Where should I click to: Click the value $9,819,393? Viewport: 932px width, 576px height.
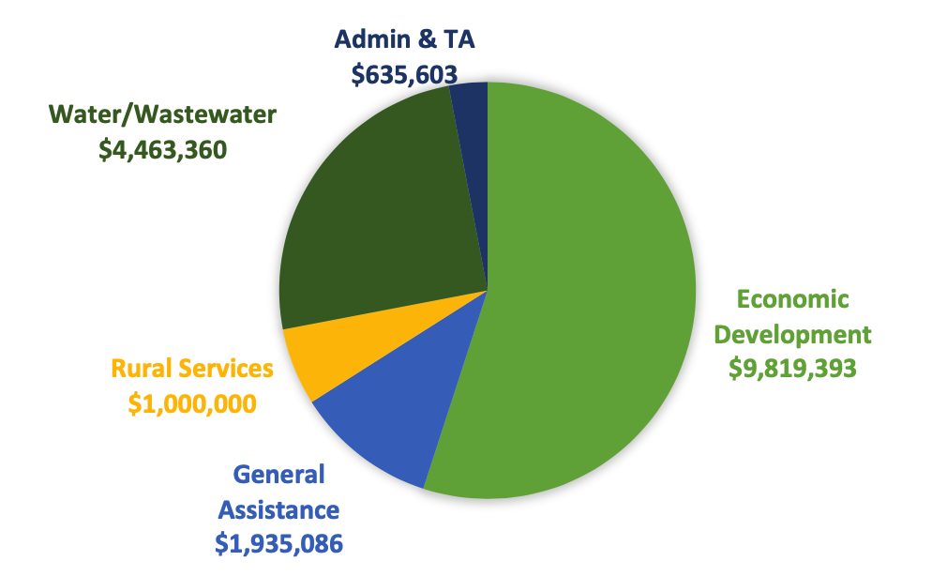point(792,368)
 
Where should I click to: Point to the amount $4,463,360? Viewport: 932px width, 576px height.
point(163,149)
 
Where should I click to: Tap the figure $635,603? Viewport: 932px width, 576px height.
point(404,74)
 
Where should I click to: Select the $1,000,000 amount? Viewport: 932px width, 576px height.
point(193,402)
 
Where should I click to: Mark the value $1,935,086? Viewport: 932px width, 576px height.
point(278,542)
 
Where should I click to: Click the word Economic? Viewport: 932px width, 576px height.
point(792,299)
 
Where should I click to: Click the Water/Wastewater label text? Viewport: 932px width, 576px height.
point(163,114)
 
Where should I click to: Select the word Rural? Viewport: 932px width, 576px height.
point(140,368)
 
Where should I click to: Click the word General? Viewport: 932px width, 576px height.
point(278,475)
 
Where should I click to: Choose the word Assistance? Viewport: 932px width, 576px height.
point(278,509)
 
